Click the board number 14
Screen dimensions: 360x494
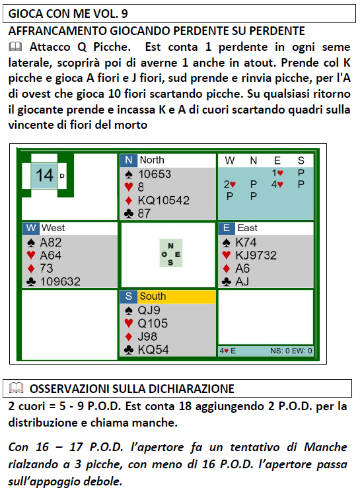pyautogui.click(x=44, y=175)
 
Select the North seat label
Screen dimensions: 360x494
pyautogui.click(x=152, y=160)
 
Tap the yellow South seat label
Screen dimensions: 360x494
pyautogui.click(x=153, y=296)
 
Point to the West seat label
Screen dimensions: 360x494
pyautogui.click(x=53, y=228)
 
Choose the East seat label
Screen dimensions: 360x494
pyautogui.click(x=248, y=228)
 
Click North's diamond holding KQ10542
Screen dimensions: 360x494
pyautogui.click(x=164, y=200)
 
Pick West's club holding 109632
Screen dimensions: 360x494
pyautogui.click(x=60, y=281)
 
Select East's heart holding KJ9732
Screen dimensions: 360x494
pyautogui.click(x=256, y=255)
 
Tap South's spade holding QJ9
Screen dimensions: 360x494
pyautogui.click(x=149, y=310)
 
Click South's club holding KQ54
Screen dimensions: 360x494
pyautogui.click(x=153, y=350)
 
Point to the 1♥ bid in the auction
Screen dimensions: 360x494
pyautogui.click(x=277, y=172)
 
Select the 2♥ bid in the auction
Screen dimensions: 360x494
pyautogui.click(x=229, y=184)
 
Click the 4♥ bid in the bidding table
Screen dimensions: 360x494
pyautogui.click(x=277, y=184)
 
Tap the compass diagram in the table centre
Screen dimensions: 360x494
pyautogui.click(x=170, y=254)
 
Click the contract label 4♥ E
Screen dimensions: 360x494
pyautogui.click(x=228, y=351)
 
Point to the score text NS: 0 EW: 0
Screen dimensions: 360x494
pyautogui.click(x=291, y=351)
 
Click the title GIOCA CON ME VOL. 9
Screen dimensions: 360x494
pyautogui.click(x=68, y=14)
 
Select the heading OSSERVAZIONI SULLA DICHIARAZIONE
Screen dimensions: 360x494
pyautogui.click(x=131, y=388)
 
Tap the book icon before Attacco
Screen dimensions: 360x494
pyautogui.click(x=15, y=47)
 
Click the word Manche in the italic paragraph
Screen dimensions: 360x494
pyautogui.click(x=326, y=447)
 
